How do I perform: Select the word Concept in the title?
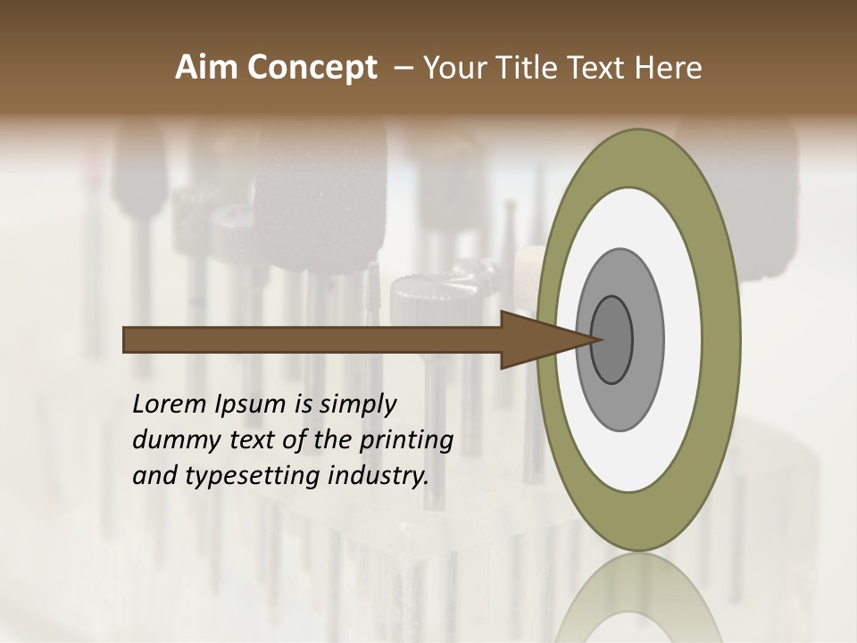click(312, 68)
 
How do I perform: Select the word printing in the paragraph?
click(406, 440)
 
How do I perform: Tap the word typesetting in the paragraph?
click(252, 476)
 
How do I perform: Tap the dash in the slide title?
click(404, 68)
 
